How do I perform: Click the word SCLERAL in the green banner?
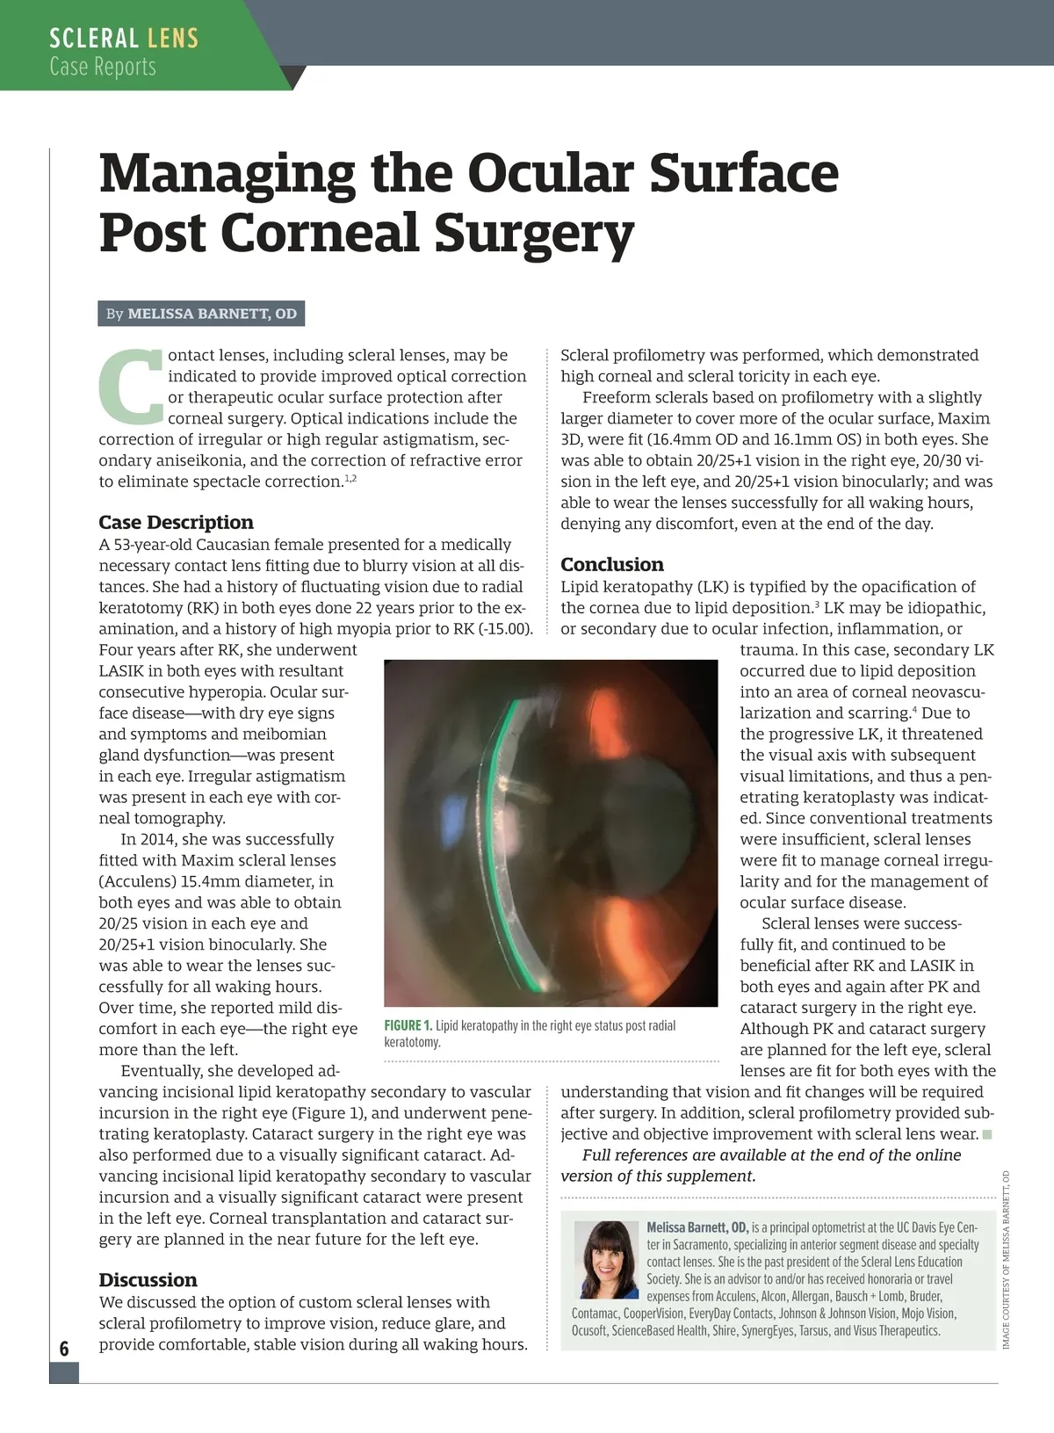(93, 39)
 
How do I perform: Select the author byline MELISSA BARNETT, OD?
(212, 314)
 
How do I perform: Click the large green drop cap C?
(130, 386)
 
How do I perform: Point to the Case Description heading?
(176, 522)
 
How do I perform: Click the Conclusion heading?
(612, 564)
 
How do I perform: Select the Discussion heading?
(148, 1279)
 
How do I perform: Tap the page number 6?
(64, 1349)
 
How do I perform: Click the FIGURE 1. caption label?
(408, 1026)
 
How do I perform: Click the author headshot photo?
(606, 1259)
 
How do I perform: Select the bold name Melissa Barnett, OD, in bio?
(697, 1227)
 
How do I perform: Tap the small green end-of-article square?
(987, 1134)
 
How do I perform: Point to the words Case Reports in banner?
(103, 67)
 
